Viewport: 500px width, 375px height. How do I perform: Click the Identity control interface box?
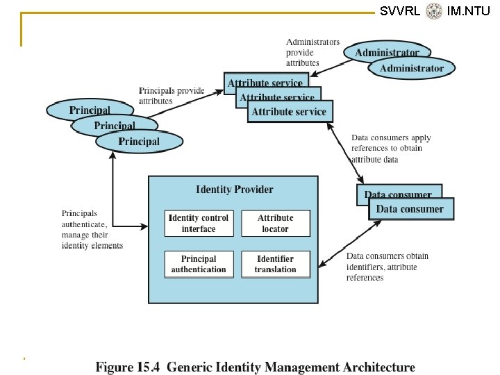point(199,223)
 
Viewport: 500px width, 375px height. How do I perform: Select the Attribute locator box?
point(276,223)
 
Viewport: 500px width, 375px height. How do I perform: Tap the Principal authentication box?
point(199,264)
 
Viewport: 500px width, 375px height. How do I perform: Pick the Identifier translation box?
point(276,264)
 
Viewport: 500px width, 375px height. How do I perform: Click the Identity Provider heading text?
point(235,190)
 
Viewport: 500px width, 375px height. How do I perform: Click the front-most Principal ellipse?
point(139,142)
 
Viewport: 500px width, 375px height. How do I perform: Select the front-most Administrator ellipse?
point(412,68)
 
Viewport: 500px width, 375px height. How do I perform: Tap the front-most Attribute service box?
point(288,111)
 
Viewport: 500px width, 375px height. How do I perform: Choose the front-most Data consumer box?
point(410,208)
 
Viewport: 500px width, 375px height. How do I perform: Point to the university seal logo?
point(435,10)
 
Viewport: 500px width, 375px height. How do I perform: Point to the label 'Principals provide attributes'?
point(172,96)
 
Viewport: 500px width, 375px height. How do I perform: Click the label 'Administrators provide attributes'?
point(312,53)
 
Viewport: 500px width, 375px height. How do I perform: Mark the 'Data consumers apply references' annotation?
point(391,149)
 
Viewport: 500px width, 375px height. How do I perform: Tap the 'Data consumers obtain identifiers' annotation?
point(387,267)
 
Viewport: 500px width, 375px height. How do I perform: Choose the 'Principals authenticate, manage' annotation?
point(92,229)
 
